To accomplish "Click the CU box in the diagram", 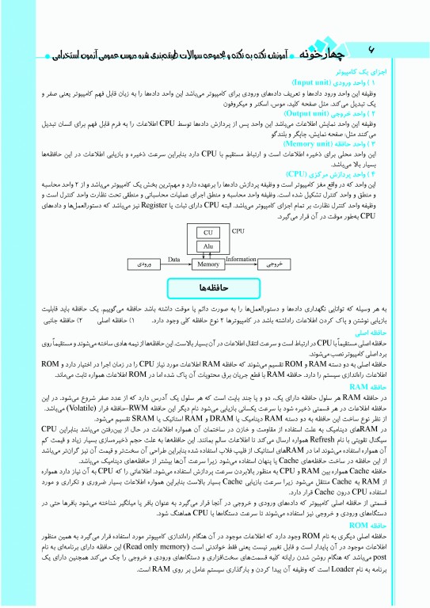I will click(x=208, y=233).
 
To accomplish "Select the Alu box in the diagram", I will click(x=208, y=247).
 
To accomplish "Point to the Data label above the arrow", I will click(x=175, y=258).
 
